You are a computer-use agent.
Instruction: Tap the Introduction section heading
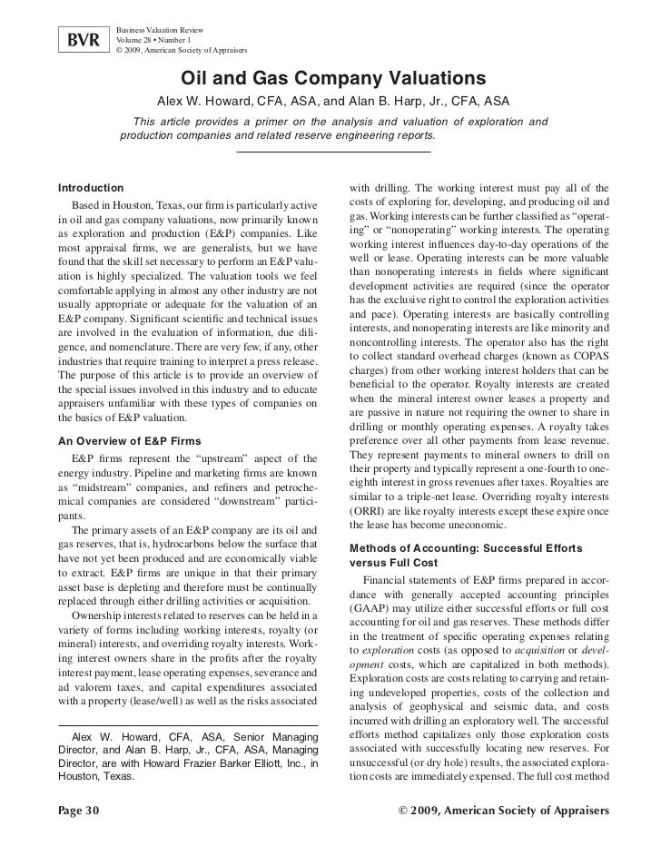click(x=89, y=186)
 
